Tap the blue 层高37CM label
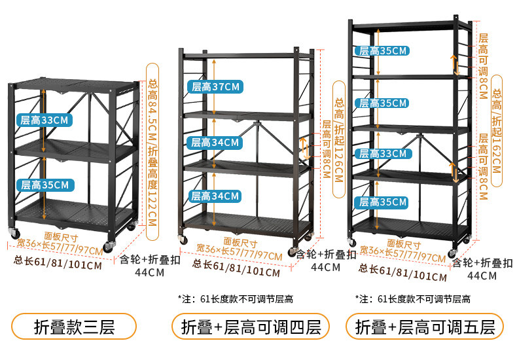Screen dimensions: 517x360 click(215, 86)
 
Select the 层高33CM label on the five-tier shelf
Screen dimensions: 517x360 click(382, 154)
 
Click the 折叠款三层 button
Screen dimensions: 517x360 click(74, 327)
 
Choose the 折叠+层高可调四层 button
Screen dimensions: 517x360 click(251, 327)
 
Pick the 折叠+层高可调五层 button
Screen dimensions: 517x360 click(425, 327)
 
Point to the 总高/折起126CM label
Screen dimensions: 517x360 click(338, 139)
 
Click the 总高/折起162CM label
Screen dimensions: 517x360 click(497, 131)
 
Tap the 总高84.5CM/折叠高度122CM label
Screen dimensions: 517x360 click(152, 152)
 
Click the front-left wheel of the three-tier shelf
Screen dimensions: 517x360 click(14, 234)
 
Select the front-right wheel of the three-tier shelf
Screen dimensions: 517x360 click(109, 247)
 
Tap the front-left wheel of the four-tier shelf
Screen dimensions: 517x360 click(183, 240)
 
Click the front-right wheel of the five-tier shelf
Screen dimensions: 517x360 click(452, 253)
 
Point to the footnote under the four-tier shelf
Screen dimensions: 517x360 click(236, 299)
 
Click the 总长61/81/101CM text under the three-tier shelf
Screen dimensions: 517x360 click(58, 262)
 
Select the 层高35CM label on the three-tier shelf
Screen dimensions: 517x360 click(45, 185)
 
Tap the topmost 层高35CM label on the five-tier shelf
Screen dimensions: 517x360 click(382, 51)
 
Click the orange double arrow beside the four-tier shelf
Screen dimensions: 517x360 click(305, 149)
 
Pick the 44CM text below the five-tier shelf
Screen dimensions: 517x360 click(482, 276)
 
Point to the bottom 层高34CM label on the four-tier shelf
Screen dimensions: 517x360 click(214, 196)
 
